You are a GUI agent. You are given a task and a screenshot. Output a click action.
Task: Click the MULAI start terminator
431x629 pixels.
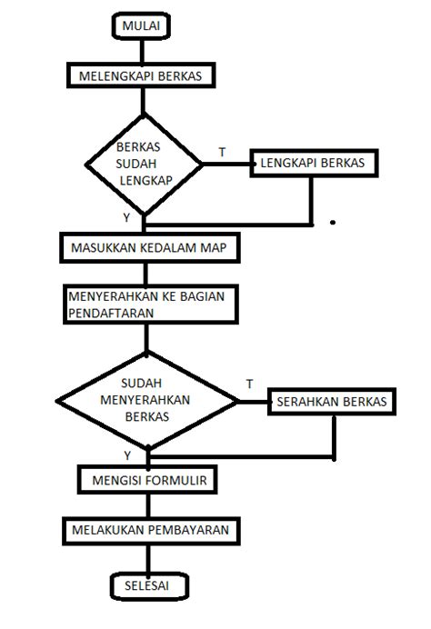point(142,26)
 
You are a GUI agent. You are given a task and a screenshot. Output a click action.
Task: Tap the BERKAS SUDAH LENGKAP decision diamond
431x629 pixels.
point(146,164)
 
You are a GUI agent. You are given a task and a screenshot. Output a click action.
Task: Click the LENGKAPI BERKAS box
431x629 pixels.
point(312,163)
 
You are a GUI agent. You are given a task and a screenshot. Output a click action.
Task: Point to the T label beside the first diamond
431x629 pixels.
point(223,151)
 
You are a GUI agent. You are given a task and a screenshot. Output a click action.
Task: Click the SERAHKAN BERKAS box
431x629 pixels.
point(331,401)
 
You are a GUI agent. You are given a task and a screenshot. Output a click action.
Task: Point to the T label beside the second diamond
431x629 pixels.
point(249,384)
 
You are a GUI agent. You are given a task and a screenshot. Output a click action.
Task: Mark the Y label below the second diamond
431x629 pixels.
point(126,454)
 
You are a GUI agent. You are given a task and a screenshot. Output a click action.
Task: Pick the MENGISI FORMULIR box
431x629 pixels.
point(148,478)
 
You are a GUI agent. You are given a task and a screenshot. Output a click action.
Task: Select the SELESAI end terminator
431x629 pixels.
point(153,586)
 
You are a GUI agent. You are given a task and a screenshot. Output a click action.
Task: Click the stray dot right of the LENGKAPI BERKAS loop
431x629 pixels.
point(333,221)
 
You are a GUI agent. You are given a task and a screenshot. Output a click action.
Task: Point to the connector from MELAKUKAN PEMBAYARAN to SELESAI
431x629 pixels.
point(148,556)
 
